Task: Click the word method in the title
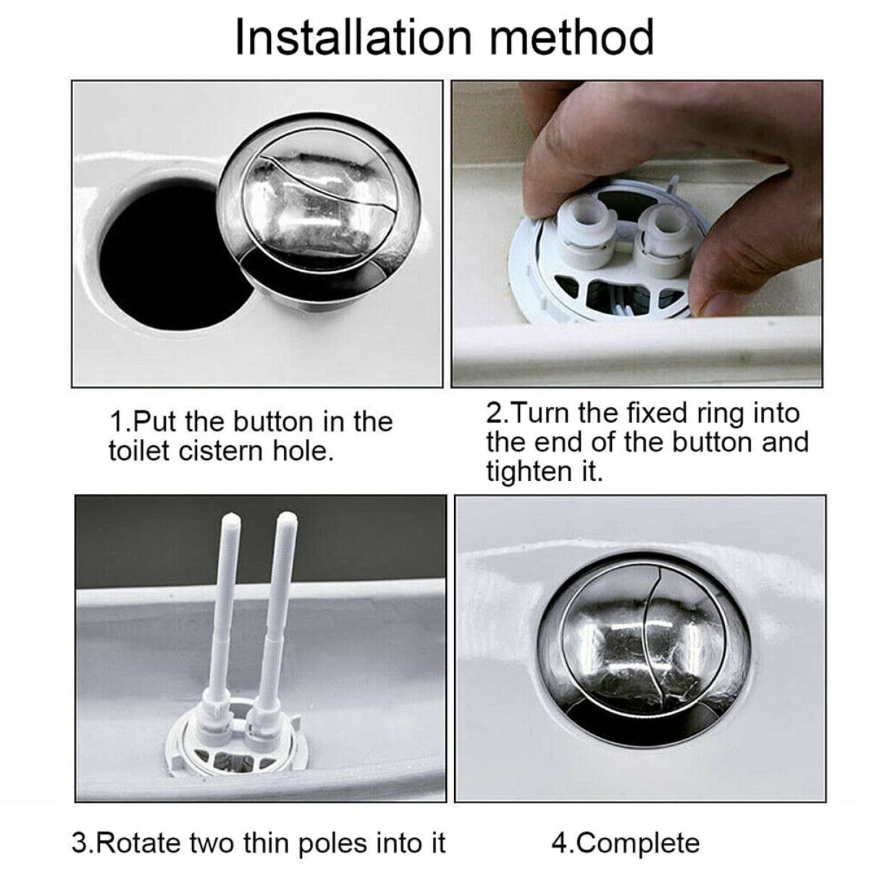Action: click(x=571, y=38)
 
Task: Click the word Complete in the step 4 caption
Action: click(x=639, y=843)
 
